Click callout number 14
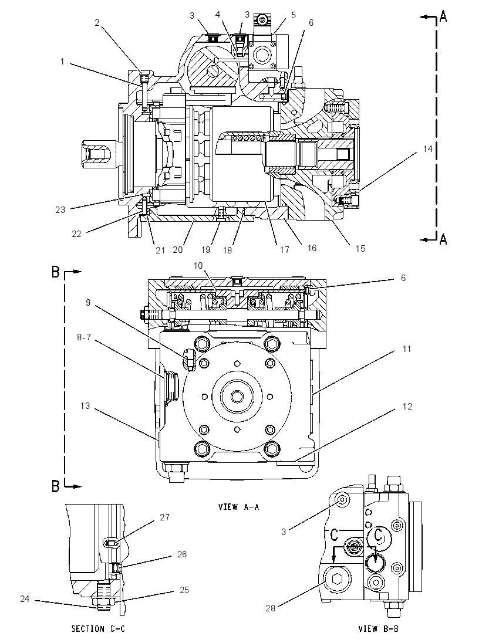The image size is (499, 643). pos(427,148)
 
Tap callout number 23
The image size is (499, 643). pos(60,210)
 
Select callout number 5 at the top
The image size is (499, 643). pos(294,15)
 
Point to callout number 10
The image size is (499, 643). pos(198,266)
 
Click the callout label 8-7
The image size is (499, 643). pos(83,337)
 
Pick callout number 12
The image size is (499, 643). pos(407,407)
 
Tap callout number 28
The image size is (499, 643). pos(271,608)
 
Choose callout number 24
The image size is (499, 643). pos(25,599)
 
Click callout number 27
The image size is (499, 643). pos(164,517)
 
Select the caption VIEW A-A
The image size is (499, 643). pos(239,507)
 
